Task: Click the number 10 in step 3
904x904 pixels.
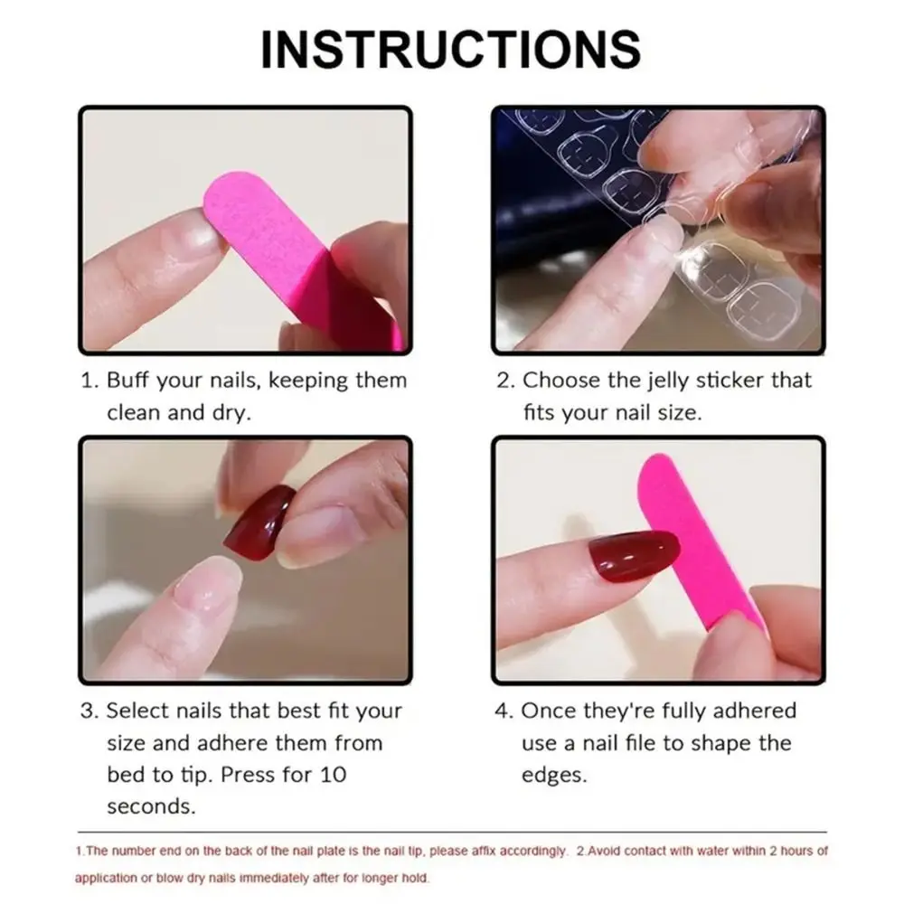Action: point(332,775)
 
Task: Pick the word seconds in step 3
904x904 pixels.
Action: point(149,806)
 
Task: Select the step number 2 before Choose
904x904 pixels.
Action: point(502,381)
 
